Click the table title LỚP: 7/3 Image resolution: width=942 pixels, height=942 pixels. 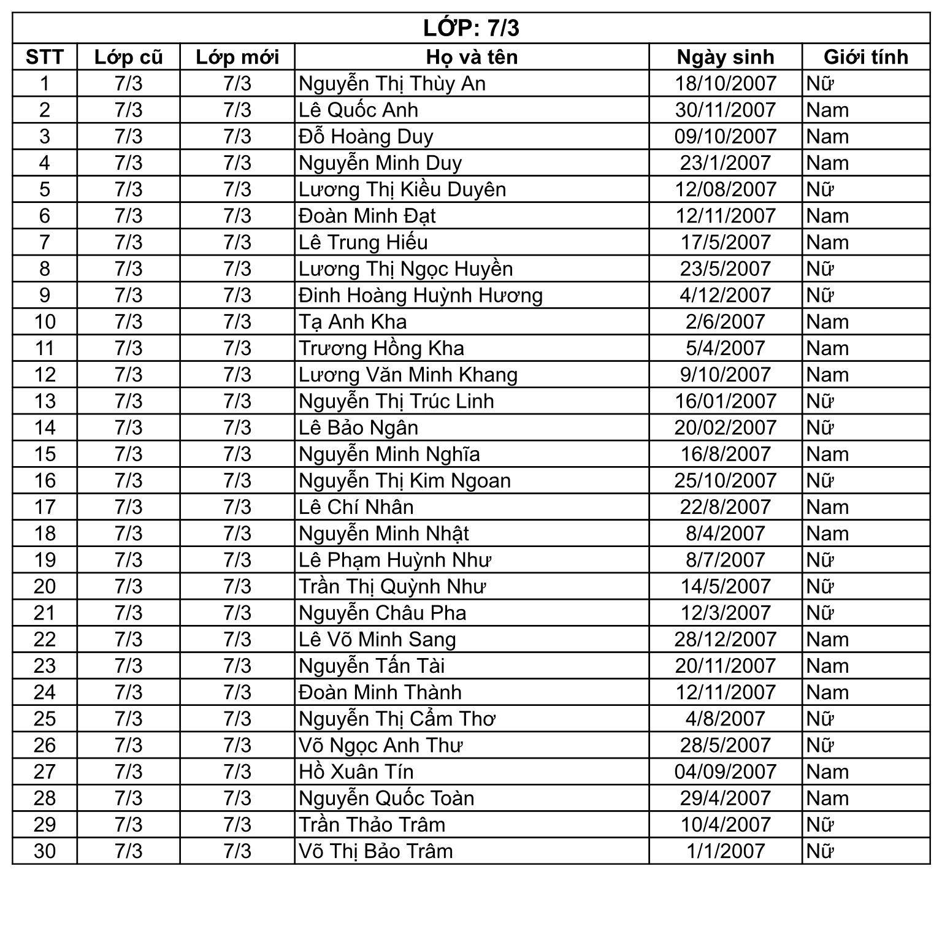tap(471, 28)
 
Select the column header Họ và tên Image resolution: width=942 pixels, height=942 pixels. tap(472, 57)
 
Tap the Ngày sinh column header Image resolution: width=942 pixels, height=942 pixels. tap(725, 57)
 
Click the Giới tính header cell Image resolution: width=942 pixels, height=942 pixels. tap(865, 57)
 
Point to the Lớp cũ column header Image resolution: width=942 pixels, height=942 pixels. tap(128, 57)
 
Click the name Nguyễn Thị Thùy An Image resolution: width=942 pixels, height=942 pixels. tap(392, 83)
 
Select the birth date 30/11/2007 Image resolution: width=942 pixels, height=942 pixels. tap(725, 110)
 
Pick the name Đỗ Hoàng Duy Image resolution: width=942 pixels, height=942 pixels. tap(366, 136)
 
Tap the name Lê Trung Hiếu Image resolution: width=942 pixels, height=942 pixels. tap(363, 242)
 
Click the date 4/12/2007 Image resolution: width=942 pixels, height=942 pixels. tap(725, 295)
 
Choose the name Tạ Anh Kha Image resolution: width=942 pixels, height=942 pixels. tap(353, 321)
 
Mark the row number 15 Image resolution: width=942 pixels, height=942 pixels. tap(45, 454)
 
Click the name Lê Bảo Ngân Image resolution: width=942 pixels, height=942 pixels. tap(358, 427)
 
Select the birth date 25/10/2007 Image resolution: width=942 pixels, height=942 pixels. tap(725, 480)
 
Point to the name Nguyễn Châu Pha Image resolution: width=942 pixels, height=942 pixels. tap(382, 613)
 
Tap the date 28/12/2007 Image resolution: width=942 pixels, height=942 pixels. tap(725, 639)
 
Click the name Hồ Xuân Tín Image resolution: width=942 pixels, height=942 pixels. tap(356, 772)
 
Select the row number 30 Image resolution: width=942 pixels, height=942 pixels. tap(45, 851)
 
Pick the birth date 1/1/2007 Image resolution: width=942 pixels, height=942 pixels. tap(725, 851)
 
